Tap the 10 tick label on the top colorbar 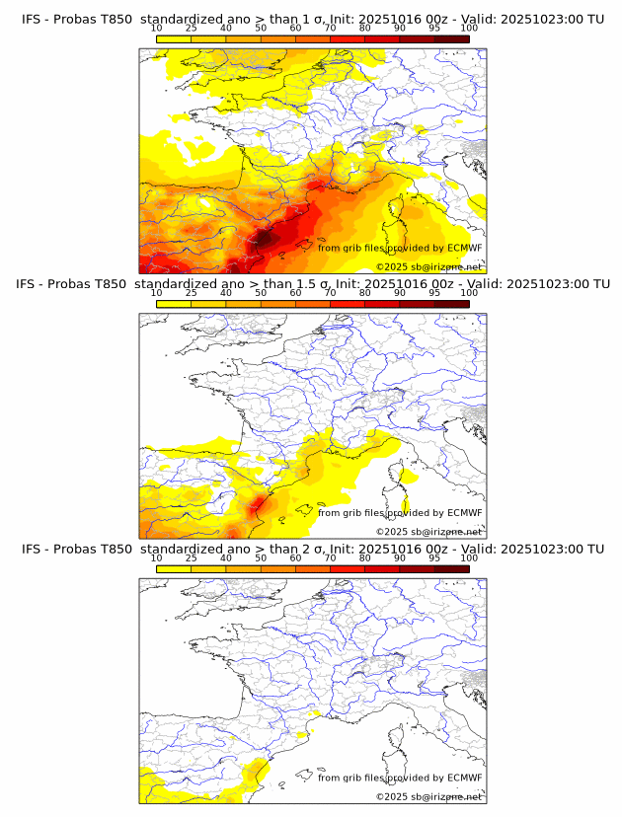(x=157, y=30)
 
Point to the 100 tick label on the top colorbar (x=469, y=30)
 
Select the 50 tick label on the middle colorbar (x=261, y=294)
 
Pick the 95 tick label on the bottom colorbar (x=434, y=558)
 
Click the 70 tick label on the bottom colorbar (x=330, y=558)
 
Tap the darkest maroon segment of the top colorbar (x=451, y=39)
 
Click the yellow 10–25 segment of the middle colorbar (x=174, y=304)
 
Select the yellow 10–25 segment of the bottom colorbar (x=174, y=568)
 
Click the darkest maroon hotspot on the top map (x=265, y=237)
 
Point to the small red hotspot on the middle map (x=260, y=505)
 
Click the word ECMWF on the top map (x=464, y=248)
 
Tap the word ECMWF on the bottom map (x=464, y=778)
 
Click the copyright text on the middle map (x=428, y=531)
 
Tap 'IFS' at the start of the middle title (x=32, y=284)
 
